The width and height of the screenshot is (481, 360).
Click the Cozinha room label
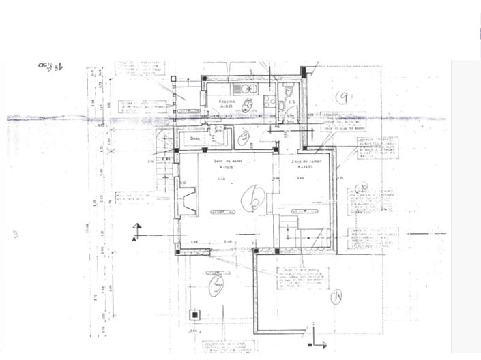pos(227,102)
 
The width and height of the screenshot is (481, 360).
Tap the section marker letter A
pos(134,239)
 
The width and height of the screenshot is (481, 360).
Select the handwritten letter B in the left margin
pos(14,235)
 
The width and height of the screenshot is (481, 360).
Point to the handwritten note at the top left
pos(50,66)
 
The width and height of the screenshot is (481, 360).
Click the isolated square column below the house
pos(195,314)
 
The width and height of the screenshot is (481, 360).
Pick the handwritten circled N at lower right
pos(336,297)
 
